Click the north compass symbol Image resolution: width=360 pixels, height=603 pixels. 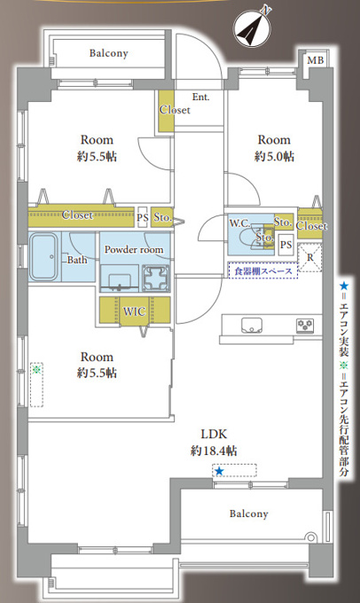252,27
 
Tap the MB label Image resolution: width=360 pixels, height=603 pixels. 316,60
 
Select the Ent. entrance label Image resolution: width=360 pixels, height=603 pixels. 200,97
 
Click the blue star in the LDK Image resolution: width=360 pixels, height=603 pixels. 219,471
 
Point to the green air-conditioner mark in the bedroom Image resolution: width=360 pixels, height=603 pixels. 36,370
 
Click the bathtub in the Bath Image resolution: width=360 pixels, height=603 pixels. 43,256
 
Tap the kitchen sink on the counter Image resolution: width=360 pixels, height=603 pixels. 252,325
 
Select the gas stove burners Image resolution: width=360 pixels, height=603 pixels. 305,325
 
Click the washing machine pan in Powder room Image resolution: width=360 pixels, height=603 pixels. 156,278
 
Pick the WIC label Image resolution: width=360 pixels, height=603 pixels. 134,310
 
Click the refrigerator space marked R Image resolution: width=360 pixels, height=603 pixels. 309,257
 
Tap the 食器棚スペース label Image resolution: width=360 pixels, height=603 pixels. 263,270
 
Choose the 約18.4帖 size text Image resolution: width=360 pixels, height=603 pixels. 214,450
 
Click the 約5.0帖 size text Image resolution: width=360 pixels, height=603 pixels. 274,156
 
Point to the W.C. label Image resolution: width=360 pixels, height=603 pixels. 239,223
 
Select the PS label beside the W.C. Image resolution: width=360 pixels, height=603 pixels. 286,245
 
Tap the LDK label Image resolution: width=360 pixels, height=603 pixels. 214,435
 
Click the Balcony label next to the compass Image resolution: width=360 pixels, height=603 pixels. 109,53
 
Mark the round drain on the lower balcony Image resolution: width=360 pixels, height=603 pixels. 310,537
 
